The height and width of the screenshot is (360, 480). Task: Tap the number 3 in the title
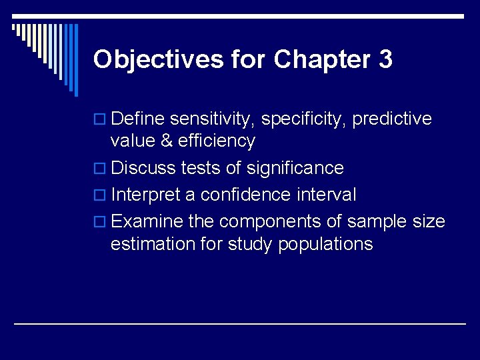pos(385,60)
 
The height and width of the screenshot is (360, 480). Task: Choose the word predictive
pos(391,119)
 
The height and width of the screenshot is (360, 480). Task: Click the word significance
pos(295,168)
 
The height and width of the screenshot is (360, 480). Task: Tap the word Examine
pos(147,221)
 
